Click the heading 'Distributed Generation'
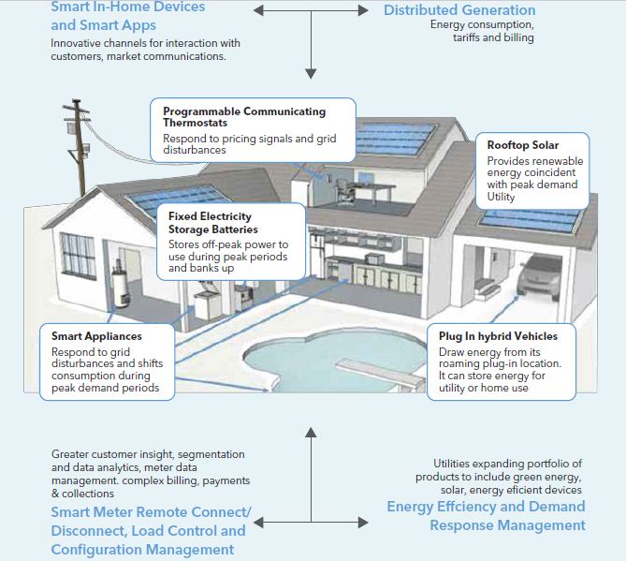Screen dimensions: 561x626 [459, 10]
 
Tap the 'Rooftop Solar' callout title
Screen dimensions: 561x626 [523, 145]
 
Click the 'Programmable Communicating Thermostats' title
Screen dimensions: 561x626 [243, 118]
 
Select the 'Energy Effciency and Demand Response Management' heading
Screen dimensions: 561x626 [486, 515]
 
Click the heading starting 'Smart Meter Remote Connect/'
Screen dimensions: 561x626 [151, 530]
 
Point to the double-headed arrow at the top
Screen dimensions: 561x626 [312, 10]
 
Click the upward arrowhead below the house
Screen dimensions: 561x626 [312, 434]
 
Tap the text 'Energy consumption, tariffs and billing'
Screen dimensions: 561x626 [482, 31]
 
